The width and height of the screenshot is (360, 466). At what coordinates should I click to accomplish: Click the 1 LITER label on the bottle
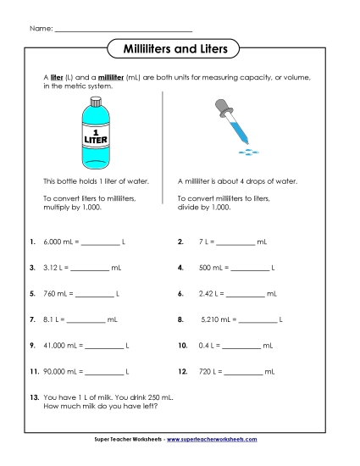(x=93, y=135)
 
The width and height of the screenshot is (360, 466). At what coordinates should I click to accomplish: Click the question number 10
(x=182, y=346)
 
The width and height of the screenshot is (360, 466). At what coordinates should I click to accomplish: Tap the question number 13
(x=33, y=397)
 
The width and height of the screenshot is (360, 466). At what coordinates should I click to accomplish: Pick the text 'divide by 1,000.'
(x=206, y=206)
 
